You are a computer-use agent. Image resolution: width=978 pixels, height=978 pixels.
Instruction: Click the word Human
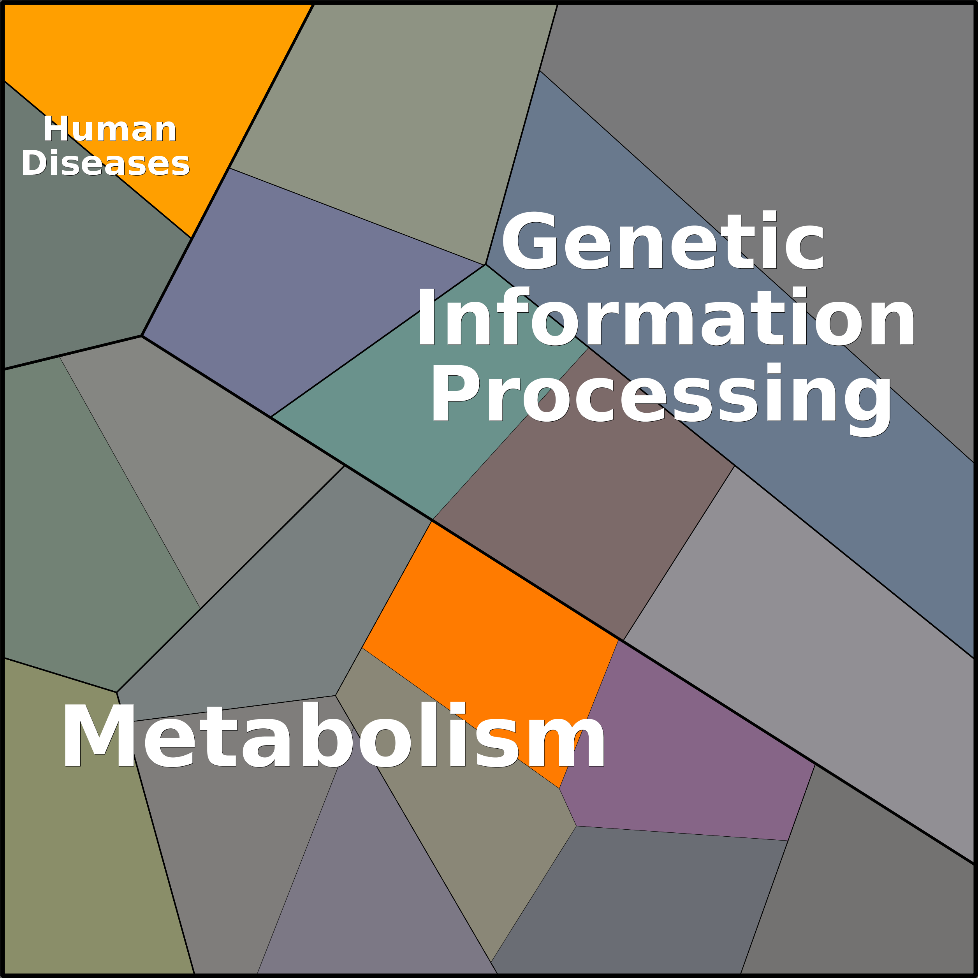pyautogui.click(x=109, y=130)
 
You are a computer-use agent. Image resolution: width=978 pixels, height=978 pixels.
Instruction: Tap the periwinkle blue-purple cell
pyautogui.click(x=304, y=283)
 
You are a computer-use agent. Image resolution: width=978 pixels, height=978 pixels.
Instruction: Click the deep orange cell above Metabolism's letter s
pyautogui.click(x=486, y=623)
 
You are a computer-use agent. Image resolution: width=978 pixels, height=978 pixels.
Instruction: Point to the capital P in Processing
pyautogui.click(x=454, y=393)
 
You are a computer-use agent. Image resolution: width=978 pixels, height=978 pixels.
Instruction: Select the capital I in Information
pyautogui.click(x=426, y=317)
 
